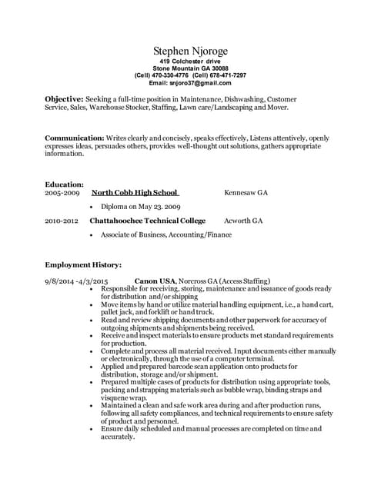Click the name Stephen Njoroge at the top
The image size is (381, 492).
coord(190,51)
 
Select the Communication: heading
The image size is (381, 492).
coord(75,138)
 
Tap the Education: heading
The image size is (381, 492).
coord(64,184)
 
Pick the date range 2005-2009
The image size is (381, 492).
coord(62,193)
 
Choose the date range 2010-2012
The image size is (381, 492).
coord(62,221)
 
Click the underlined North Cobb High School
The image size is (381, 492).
coord(135,193)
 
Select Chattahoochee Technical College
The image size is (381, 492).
coord(148,221)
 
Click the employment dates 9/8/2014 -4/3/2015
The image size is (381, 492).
coord(76,281)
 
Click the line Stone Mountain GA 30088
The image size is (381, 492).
coord(190,68)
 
